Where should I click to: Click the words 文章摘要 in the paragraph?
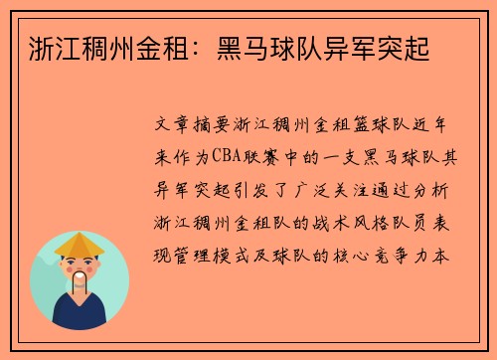191,128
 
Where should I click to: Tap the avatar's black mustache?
81,274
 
